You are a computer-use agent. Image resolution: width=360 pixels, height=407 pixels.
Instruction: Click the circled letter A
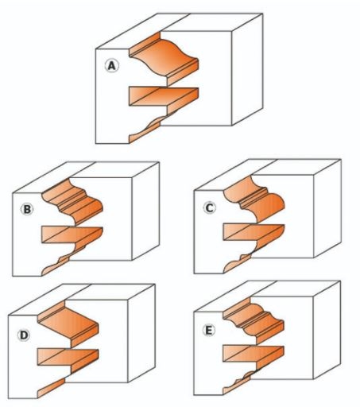112,66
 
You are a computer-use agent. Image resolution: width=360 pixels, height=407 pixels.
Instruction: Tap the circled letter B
27,209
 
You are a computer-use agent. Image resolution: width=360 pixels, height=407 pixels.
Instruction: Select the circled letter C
210,207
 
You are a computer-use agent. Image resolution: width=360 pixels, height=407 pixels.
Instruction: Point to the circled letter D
24,335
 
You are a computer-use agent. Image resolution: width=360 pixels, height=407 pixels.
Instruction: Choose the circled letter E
209,330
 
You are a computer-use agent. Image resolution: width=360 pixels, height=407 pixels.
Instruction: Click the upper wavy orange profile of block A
165,57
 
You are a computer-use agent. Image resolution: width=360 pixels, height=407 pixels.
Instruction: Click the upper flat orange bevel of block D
69,324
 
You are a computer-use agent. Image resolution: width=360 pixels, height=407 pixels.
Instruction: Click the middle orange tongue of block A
164,98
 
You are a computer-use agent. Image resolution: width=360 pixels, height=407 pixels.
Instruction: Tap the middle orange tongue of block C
254,234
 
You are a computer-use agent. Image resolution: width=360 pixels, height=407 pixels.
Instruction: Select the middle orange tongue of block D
68,359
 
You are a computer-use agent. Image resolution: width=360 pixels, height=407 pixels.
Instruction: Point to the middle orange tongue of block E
254,355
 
